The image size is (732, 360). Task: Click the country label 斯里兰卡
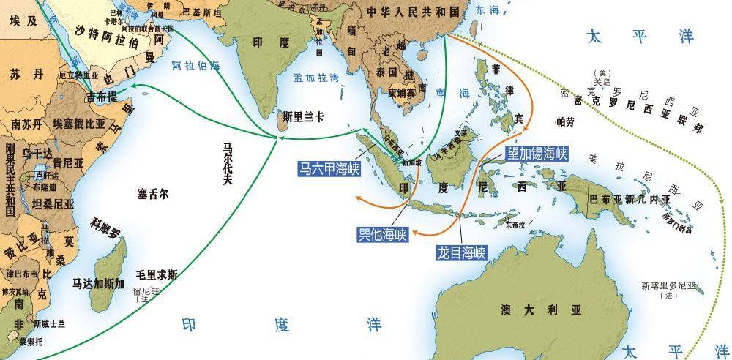[x=302, y=115]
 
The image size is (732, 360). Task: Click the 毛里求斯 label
[x=157, y=275]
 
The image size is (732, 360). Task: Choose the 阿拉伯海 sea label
[x=195, y=66]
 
